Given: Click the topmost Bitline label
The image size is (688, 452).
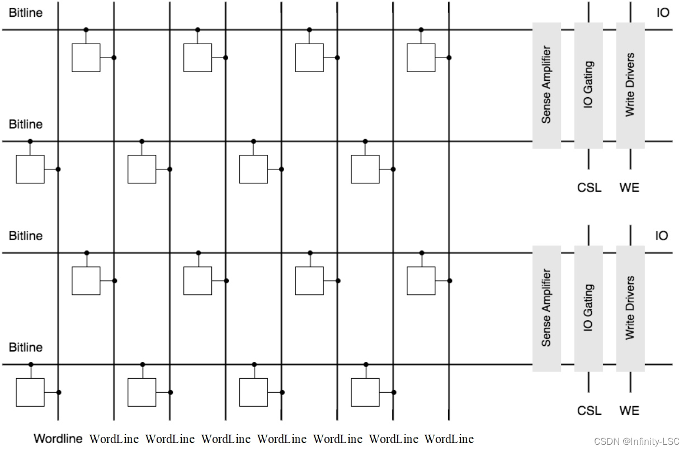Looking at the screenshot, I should coord(26,12).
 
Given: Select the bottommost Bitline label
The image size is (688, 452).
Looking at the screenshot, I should coord(26,348).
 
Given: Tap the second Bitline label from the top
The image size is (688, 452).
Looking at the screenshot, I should coord(26,124).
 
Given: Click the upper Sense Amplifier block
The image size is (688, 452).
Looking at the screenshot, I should coord(546,85).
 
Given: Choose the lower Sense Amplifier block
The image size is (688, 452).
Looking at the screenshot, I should coord(546,308).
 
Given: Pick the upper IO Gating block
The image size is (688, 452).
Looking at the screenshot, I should coord(588,85).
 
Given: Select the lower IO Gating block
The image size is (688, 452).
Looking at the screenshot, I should coord(588,308).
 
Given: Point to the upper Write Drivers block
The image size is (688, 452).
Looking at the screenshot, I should coord(630,85).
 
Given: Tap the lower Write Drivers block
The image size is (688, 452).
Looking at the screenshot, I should coord(630,308).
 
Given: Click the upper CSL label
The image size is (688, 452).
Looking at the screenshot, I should coord(589,188).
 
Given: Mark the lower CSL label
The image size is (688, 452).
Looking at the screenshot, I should coord(589,411).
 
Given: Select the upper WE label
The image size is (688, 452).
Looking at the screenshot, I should coord(629,188).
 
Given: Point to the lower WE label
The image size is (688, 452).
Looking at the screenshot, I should coord(629,411).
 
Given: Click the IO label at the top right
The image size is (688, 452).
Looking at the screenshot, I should coord(663,12).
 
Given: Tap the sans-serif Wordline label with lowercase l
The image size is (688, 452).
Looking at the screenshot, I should coord(58,439).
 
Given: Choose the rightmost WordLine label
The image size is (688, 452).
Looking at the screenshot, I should coord(449,439).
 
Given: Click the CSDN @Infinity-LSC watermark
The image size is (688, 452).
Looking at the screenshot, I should coord(637,441).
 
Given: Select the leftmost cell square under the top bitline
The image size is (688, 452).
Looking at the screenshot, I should coord(86,58).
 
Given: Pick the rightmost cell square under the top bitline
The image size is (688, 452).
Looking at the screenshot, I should coord(421,58).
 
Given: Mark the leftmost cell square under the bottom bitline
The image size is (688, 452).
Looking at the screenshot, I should coord(30,392).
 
